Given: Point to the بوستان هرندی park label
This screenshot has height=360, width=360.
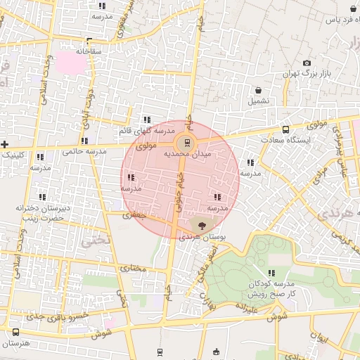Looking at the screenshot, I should point(201,238).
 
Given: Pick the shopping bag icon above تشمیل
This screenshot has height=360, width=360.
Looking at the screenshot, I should point(259,90).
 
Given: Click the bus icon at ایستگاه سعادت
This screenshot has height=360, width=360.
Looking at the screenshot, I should point(285,129).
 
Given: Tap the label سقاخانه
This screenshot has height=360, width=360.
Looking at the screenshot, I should point(89,51).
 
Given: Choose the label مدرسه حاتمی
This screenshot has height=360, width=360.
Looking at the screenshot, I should point(84,151).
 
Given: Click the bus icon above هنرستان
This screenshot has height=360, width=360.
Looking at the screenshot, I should point(15,331).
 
